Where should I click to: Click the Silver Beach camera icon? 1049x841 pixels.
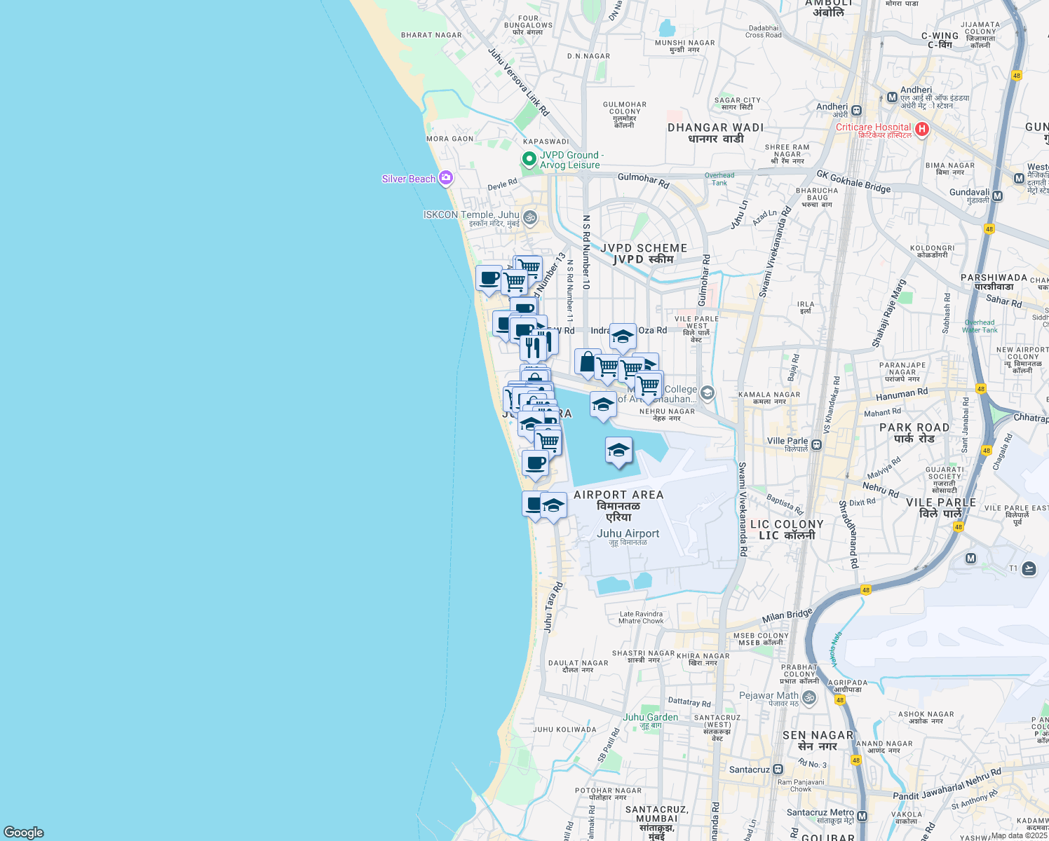445,178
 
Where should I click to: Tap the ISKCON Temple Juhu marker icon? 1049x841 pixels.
530,217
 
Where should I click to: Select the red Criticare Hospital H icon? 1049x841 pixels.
922,129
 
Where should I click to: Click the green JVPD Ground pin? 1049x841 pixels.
529,159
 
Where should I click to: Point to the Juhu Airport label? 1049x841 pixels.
628,534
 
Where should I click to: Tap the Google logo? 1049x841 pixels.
23,832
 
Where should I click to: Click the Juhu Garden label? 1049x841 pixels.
650,717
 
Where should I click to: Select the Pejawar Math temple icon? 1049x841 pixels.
809,697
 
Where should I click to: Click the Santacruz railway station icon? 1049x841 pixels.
778,770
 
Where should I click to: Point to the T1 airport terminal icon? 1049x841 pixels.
1029,568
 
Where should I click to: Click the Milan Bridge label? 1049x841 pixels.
787,617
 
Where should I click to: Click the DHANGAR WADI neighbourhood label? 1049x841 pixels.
715,128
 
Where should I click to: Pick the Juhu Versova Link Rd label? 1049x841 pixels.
518,81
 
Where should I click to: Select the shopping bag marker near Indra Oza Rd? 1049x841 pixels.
587,362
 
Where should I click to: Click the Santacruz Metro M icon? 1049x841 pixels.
862,816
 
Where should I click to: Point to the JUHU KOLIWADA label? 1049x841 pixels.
564,730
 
